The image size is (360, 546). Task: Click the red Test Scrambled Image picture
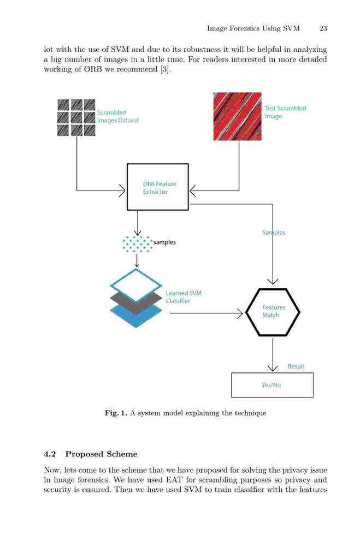coord(237,116)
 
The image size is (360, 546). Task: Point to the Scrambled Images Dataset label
coord(118,116)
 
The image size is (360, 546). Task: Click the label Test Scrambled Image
coord(285,112)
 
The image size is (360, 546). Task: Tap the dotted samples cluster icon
coord(138,244)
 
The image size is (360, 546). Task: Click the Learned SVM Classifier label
coord(184,297)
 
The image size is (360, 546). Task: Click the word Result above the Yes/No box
coord(296,366)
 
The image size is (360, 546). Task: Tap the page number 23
coord(323,28)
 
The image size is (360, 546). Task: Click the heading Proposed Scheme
coord(102,454)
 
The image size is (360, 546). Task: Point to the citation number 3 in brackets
coord(165,69)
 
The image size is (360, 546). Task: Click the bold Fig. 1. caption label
coord(116,413)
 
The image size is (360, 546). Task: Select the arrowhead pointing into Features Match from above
coord(273,281)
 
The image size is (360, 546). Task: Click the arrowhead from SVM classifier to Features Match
coord(240,313)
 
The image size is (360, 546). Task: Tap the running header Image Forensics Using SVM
coord(253,28)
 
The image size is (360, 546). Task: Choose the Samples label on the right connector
coord(274,232)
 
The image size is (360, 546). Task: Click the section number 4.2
coord(50,454)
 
